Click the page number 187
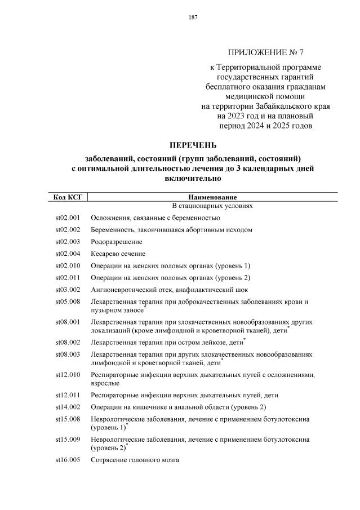pyautogui.click(x=193, y=17)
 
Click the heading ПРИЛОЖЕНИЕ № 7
pyautogui.click(x=265, y=53)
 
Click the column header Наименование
pyautogui.click(x=212, y=197)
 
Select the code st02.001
pyautogui.click(x=68, y=218)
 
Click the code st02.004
pyautogui.click(x=68, y=254)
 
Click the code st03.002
pyautogui.click(x=68, y=290)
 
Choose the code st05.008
pyautogui.click(x=68, y=302)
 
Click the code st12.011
pyautogui.click(x=68, y=395)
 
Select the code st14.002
pyautogui.click(x=68, y=407)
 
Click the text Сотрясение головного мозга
pyautogui.click(x=135, y=460)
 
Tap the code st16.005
pyautogui.click(x=68, y=460)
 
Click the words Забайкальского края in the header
pyautogui.click(x=295, y=105)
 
